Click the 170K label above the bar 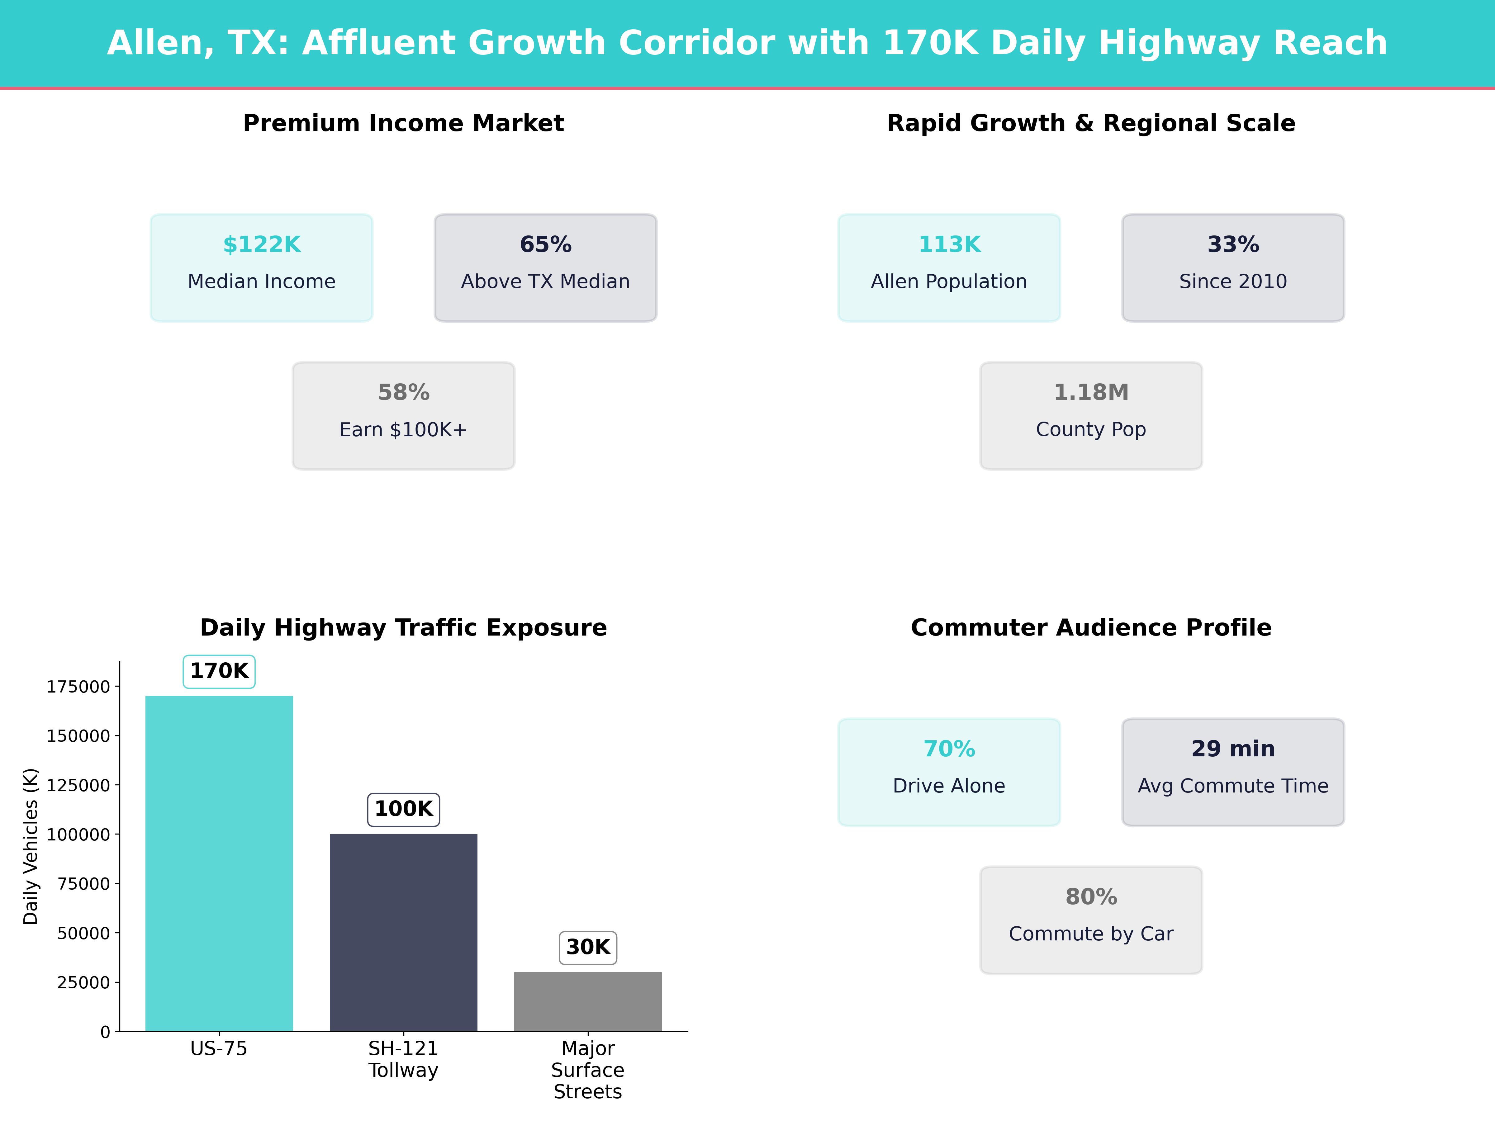[x=219, y=671]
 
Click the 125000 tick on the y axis [x=78, y=785]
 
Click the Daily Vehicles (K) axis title [x=31, y=846]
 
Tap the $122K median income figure [x=262, y=245]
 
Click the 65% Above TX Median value [x=545, y=245]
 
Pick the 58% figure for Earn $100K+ [x=403, y=393]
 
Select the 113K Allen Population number [x=949, y=245]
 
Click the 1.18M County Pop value [x=1091, y=393]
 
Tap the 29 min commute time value [x=1233, y=749]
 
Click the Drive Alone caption [x=949, y=786]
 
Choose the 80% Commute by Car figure [x=1091, y=897]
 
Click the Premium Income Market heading [x=403, y=123]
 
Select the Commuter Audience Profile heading [x=1091, y=628]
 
